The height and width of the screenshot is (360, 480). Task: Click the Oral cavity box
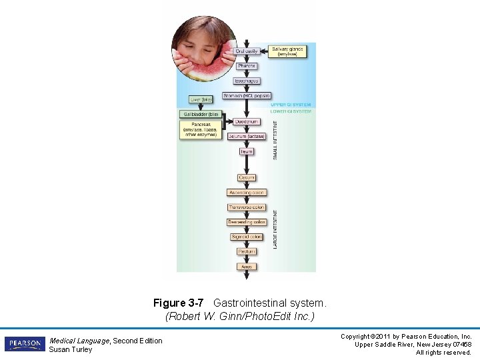point(247,51)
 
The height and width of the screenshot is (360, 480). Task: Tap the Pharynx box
point(247,66)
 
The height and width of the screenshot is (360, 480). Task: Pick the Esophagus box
point(247,81)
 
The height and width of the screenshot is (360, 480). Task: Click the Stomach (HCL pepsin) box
point(247,96)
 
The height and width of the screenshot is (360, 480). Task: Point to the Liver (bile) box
point(201,99)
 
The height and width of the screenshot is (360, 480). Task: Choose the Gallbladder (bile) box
point(200,114)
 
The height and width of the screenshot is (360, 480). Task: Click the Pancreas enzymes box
point(200,129)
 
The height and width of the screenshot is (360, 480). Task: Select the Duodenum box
point(247,122)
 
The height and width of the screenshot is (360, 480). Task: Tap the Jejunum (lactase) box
point(247,137)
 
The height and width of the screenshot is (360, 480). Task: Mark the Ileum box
point(247,151)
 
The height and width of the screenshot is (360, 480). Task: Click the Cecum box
point(247,177)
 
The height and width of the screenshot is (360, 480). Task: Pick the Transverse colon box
point(247,207)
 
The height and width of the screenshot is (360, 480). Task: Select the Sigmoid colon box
point(247,237)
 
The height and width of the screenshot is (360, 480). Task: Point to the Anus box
point(247,267)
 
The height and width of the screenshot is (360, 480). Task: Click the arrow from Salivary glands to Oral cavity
point(264,51)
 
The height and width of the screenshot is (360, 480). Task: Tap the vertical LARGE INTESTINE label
point(275,229)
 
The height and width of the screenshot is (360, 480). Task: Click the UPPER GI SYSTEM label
point(291,105)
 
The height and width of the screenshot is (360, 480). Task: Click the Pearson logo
point(25,344)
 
